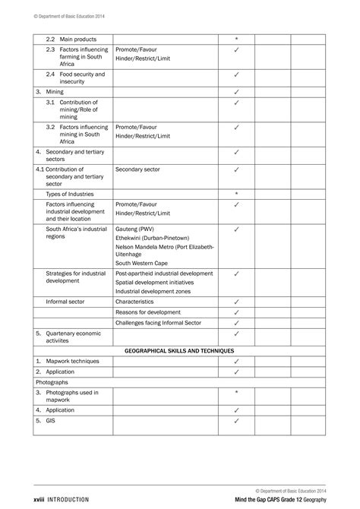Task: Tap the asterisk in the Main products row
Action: (x=236, y=38)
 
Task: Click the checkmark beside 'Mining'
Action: (x=236, y=91)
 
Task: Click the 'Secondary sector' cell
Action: (x=136, y=169)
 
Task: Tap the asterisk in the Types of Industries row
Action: (x=236, y=194)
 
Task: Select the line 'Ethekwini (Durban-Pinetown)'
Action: (x=156, y=238)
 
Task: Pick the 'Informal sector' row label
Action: (x=65, y=302)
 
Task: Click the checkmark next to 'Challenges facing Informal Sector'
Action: (x=236, y=322)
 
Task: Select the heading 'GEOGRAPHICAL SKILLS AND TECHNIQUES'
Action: (x=178, y=351)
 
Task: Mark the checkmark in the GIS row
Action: (x=236, y=420)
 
